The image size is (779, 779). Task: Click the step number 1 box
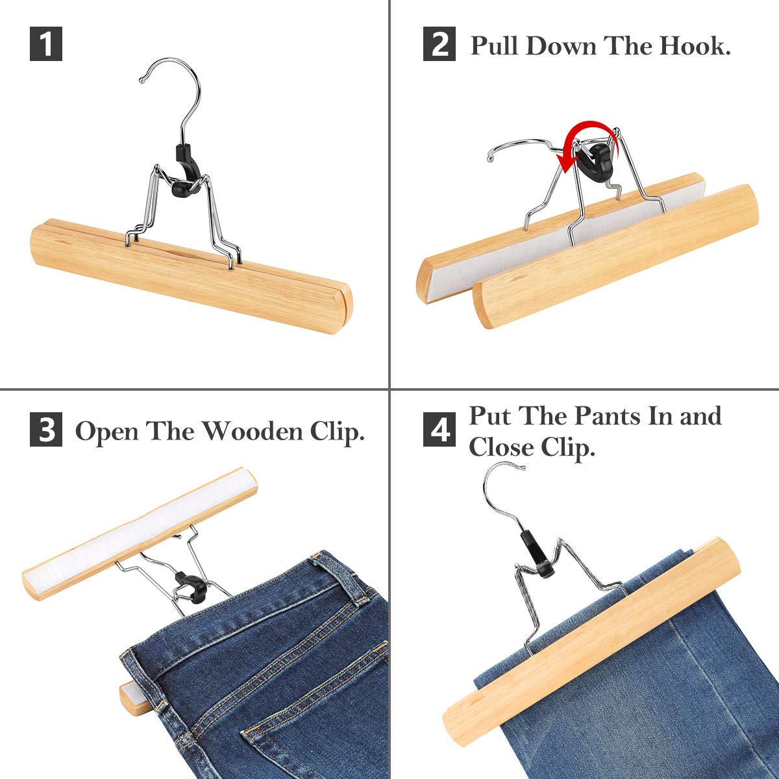coord(46,45)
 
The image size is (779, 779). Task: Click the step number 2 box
coord(439,45)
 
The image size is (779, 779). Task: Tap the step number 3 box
coord(46,430)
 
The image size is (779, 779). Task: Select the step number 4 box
coord(439,430)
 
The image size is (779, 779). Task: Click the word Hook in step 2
coord(694,46)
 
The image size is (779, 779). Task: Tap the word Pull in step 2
coord(495,46)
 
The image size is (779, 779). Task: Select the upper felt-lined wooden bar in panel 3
coord(140,532)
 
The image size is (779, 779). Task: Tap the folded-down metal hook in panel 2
coord(519,145)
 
